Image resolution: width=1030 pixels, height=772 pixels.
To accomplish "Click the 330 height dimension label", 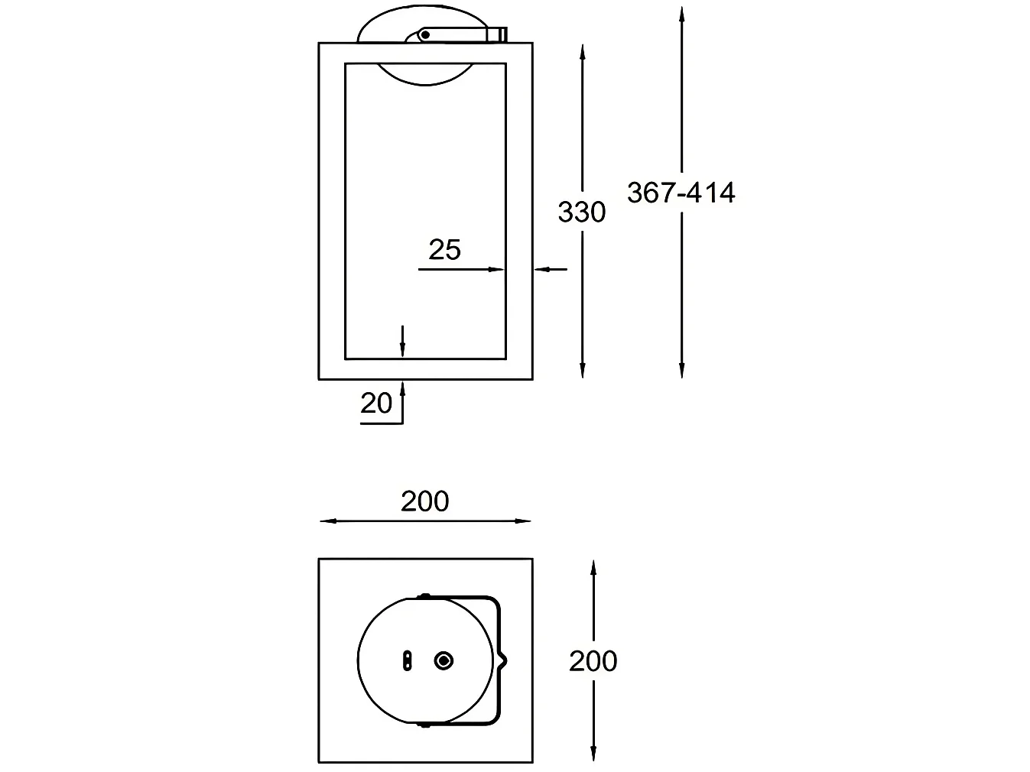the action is [581, 212].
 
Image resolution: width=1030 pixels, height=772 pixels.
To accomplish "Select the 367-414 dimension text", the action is [681, 193].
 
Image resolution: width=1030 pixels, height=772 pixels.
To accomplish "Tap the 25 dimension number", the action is [444, 249].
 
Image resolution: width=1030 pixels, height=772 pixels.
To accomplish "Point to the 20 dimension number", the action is [376, 403].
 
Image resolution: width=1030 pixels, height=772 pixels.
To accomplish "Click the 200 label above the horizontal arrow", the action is [424, 501].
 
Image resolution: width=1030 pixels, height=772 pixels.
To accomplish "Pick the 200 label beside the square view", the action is [593, 661].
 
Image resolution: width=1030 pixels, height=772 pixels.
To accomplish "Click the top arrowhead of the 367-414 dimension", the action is [681, 14].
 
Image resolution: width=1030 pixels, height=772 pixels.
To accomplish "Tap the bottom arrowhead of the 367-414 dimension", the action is [681, 371].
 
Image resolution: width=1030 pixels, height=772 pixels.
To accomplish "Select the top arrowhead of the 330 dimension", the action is [583, 52].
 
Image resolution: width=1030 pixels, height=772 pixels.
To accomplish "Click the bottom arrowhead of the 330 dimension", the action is [583, 371].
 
